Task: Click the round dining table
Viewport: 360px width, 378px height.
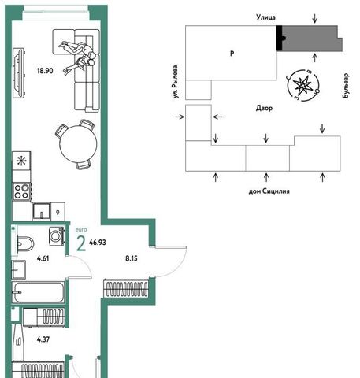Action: tap(78, 143)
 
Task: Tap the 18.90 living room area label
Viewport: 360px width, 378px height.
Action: tap(45, 71)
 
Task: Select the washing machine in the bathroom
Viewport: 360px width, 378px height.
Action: tap(56, 236)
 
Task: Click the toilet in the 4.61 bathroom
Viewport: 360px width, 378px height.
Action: tap(25, 243)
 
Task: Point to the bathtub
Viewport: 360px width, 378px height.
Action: tap(38, 292)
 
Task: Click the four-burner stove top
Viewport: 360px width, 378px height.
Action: tap(22, 191)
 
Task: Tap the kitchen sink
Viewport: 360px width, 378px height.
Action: tap(41, 211)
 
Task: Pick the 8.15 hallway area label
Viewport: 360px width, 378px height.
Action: tap(132, 258)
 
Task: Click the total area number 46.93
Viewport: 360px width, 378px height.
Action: tap(98, 243)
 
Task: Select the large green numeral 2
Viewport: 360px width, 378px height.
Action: tap(81, 244)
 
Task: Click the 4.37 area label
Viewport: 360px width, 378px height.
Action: tap(43, 339)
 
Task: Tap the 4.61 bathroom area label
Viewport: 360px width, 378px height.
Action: tap(43, 258)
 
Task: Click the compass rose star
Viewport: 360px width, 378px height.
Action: tap(302, 85)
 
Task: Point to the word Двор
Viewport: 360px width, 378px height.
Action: tap(264, 108)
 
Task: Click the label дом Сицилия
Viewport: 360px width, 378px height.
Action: tap(269, 191)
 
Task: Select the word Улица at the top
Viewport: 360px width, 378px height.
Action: tap(265, 17)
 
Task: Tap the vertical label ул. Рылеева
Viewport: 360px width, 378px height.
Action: tap(175, 82)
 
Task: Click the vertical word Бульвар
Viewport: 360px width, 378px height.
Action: tap(346, 86)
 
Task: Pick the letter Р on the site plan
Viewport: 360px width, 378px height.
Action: tap(232, 54)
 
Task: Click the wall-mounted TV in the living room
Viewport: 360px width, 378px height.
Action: tap(18, 72)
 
